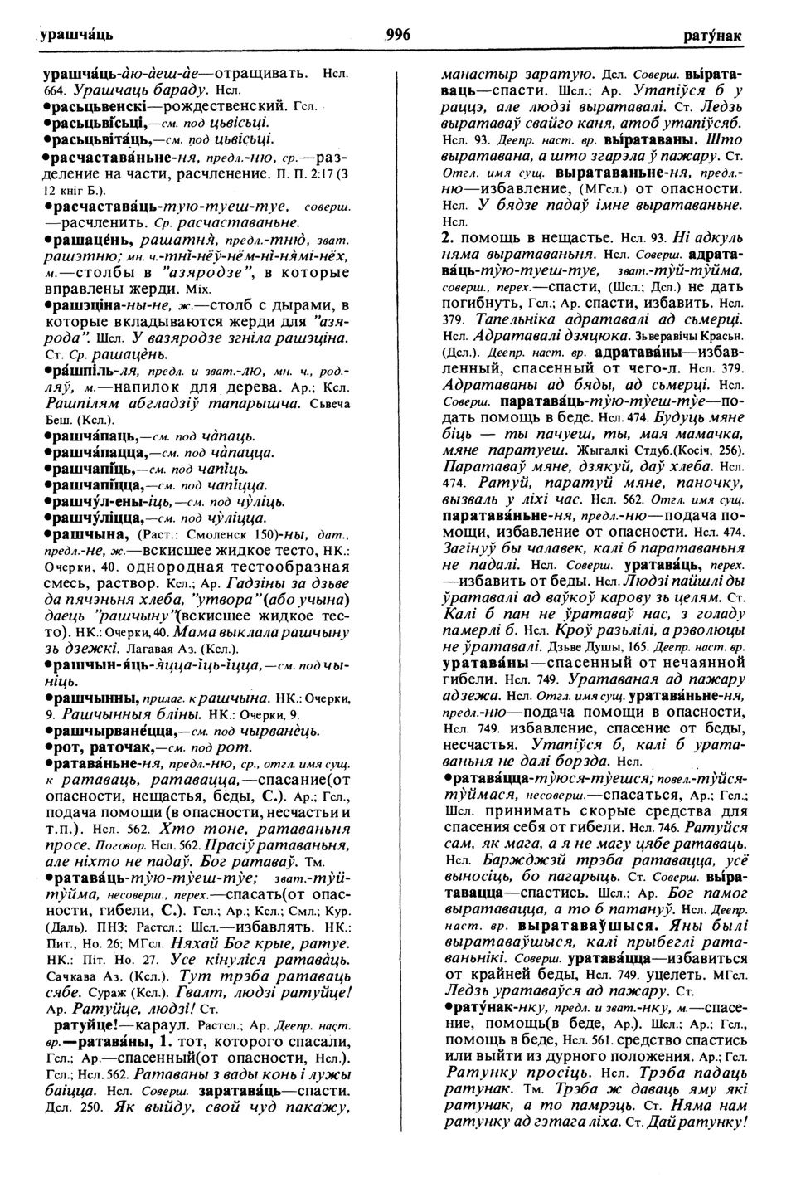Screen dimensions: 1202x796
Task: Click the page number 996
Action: (x=398, y=34)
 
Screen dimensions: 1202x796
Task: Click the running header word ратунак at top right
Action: (x=712, y=36)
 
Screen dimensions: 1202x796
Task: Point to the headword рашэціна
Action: (x=82, y=306)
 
